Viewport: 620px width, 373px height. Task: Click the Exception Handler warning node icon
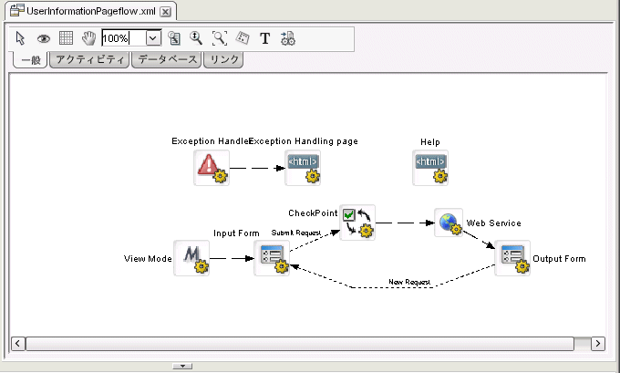pos(211,167)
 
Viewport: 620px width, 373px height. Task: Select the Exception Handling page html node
pos(303,167)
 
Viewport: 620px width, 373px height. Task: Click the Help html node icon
pos(430,167)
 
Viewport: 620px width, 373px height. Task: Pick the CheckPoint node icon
pos(356,222)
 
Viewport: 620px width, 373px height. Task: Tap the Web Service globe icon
pos(449,222)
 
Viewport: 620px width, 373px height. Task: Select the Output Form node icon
pos(512,258)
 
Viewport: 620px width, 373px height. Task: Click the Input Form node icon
pos(271,259)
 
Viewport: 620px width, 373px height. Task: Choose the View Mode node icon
pos(191,258)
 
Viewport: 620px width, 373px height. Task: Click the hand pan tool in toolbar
pos(88,38)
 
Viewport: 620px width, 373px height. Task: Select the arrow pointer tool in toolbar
pos(22,38)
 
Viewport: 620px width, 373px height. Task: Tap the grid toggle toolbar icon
pos(66,38)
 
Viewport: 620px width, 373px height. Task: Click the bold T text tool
pos(265,38)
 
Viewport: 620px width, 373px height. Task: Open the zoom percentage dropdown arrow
pos(152,38)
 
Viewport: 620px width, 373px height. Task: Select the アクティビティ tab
pos(88,60)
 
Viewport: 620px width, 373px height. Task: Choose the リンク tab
pos(222,60)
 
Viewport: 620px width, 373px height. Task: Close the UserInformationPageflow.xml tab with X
pos(165,12)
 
